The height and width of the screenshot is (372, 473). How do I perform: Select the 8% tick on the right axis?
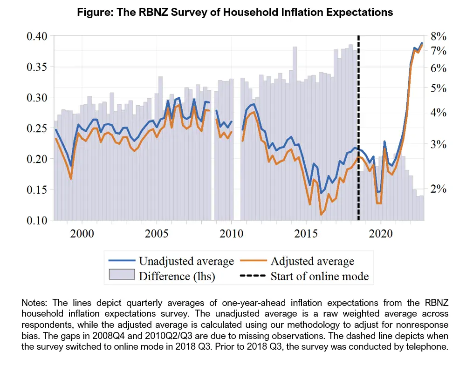439,36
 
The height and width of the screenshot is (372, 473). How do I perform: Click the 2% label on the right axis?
439,189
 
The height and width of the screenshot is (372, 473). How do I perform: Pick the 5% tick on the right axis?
439,88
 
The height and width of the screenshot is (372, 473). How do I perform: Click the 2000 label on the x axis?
82,233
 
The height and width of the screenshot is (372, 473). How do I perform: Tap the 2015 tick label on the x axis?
306,233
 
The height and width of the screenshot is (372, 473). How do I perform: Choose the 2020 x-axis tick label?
381,233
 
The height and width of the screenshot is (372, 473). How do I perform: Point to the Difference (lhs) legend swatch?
122,276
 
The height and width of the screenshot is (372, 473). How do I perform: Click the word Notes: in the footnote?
36,303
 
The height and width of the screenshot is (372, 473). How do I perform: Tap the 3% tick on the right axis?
439,144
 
